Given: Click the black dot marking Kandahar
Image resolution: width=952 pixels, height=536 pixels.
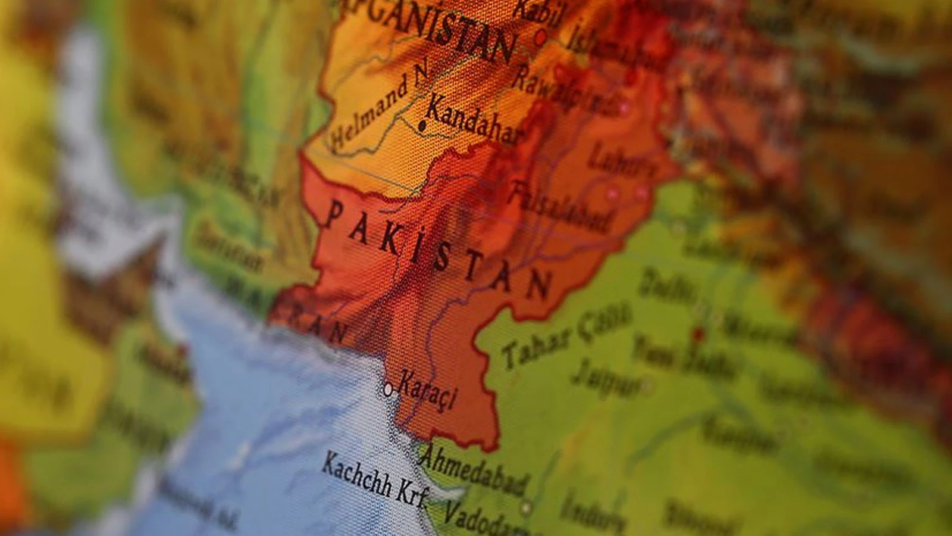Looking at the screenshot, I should [x=422, y=126].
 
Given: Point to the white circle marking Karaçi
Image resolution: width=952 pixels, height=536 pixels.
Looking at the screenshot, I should [x=388, y=390].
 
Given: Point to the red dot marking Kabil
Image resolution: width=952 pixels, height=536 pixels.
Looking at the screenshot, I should [x=540, y=38].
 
